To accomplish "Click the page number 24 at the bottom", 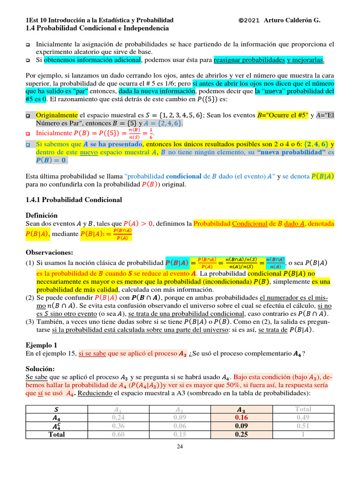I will click(x=180, y=447).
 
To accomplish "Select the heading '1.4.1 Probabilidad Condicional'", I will click(x=74, y=200).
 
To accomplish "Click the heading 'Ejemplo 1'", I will click(x=42, y=345).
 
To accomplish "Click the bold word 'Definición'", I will click(x=42, y=215).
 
